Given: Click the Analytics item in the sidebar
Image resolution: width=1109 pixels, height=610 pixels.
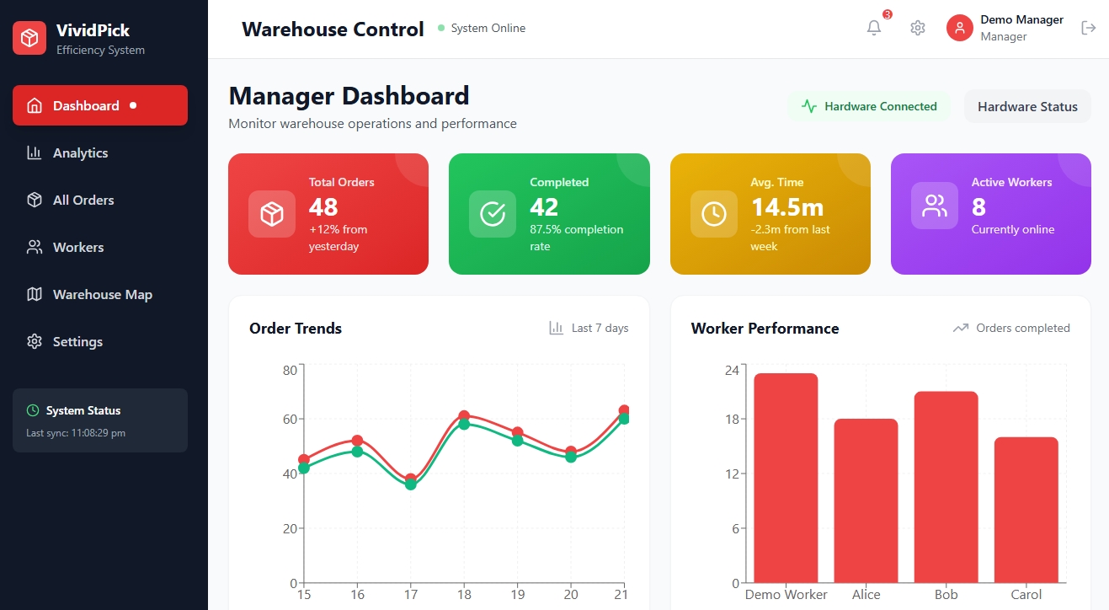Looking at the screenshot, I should click(80, 152).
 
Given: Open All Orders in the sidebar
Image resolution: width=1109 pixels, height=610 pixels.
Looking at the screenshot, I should click(83, 200).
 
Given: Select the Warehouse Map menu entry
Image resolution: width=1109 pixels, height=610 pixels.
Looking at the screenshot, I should click(102, 294).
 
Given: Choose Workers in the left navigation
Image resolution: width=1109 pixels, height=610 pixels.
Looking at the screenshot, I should click(77, 247).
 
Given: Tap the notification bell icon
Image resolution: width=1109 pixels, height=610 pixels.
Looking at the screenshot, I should click(874, 28).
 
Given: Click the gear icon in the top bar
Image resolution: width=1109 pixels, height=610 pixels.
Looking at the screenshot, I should click(918, 28).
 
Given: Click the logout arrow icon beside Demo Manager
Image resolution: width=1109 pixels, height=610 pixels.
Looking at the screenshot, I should click(1088, 28).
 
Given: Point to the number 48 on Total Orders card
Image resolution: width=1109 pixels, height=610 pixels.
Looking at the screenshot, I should click(323, 206).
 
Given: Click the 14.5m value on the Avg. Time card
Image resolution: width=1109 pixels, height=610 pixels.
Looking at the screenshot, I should click(787, 206).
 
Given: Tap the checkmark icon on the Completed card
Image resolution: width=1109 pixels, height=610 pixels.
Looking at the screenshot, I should click(493, 214).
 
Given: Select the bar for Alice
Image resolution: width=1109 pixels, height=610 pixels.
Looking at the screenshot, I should click(866, 500).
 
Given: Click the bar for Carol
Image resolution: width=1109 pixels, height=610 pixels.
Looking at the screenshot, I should click(1026, 510).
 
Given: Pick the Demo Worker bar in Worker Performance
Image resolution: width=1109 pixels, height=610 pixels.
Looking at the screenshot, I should click(786, 478).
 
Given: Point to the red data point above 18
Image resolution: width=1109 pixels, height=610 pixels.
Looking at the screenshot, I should click(464, 416).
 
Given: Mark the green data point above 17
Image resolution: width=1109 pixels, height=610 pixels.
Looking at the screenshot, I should click(411, 484).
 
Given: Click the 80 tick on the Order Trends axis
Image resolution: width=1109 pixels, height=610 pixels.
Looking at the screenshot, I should click(291, 370).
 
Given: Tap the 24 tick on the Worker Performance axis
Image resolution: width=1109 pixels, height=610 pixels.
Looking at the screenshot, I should click(732, 370).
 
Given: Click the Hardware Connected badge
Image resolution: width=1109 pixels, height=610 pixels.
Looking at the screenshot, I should click(870, 106).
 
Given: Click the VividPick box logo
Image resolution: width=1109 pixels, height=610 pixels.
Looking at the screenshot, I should click(29, 38).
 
